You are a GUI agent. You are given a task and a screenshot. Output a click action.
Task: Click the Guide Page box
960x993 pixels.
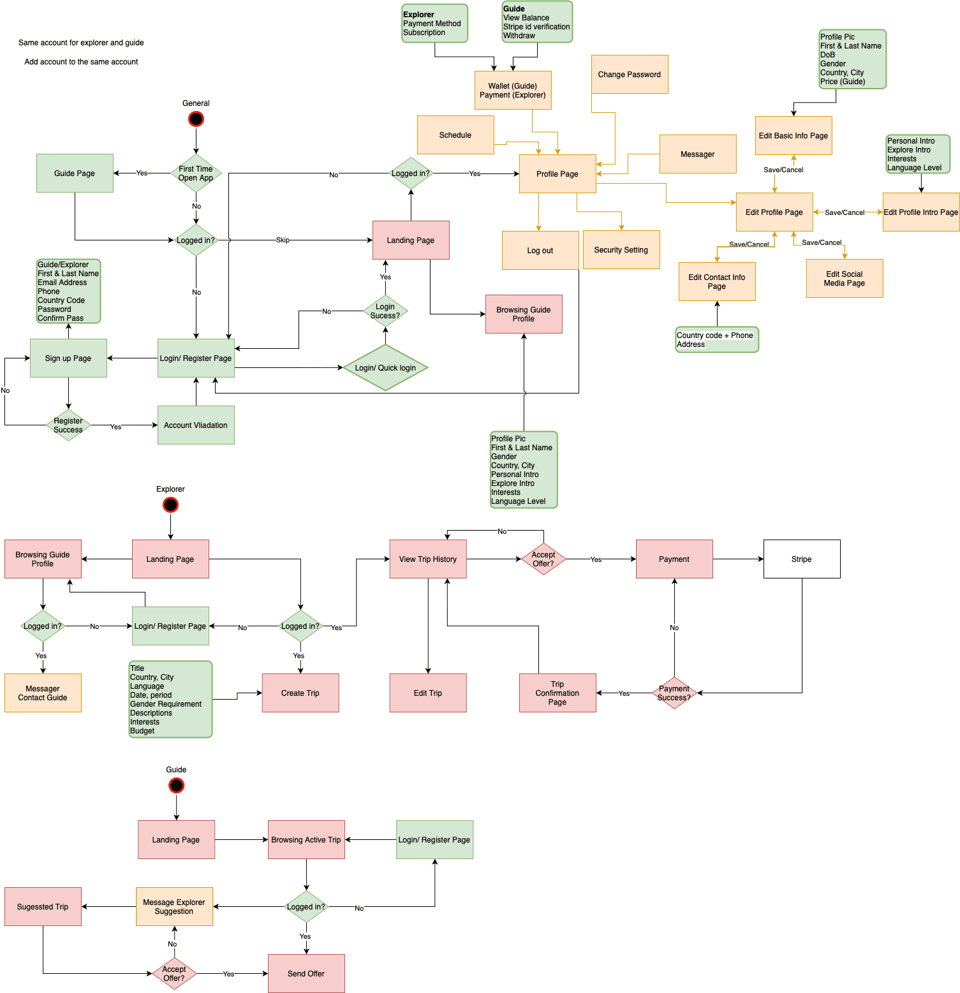tap(75, 173)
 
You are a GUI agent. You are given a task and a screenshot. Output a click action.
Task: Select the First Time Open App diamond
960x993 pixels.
tap(196, 173)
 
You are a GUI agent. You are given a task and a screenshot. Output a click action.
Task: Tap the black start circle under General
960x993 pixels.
tap(196, 119)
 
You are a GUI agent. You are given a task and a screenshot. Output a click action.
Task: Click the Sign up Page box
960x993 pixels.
tap(68, 358)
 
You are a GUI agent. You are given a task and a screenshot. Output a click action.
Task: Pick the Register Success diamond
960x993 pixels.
tap(68, 425)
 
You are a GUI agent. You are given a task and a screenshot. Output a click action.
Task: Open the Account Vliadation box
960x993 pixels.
tap(196, 425)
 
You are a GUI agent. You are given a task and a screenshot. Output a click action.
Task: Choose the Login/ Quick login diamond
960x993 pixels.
tap(385, 367)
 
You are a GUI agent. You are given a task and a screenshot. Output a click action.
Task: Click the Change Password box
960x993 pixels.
tap(630, 75)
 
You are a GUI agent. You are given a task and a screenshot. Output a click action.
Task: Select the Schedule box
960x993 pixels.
tap(455, 135)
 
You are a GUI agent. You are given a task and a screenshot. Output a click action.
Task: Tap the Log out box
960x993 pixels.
tap(540, 250)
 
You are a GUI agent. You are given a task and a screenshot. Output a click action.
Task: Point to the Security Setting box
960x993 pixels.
tap(621, 249)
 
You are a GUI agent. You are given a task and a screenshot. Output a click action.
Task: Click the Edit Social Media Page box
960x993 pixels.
tap(845, 278)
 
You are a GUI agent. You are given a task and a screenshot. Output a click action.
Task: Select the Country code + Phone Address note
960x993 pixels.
tap(717, 339)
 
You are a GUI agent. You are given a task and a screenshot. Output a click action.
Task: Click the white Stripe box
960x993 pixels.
tap(802, 559)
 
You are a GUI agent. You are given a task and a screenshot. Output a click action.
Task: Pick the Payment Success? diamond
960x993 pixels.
tap(674, 693)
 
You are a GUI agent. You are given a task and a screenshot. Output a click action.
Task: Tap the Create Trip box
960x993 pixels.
tap(300, 693)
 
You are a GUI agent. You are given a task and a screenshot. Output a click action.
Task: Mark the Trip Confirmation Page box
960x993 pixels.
tap(558, 693)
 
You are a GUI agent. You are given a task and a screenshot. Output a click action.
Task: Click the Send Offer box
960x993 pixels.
tap(306, 973)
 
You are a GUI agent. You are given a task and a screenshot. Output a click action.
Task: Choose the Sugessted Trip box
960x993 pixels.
tap(43, 906)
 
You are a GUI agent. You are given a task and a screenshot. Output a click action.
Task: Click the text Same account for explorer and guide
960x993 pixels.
tap(81, 43)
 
